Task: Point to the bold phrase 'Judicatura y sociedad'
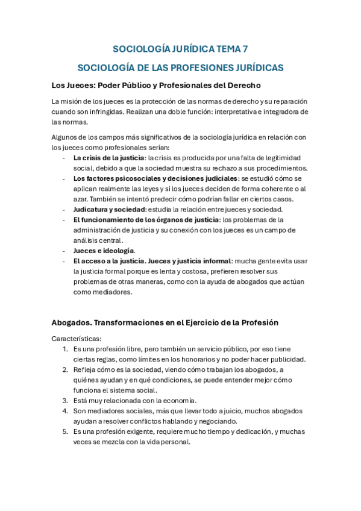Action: tap(106, 209)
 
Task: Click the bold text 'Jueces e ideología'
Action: tap(104, 251)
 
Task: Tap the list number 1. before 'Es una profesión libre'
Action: tap(65, 349)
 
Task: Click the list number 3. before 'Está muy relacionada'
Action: tap(65, 400)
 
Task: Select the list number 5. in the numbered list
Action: tap(65, 431)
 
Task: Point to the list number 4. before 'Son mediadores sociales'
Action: tap(65, 411)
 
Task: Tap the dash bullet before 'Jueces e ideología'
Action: tap(64, 251)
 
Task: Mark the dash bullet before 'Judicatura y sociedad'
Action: tap(64, 209)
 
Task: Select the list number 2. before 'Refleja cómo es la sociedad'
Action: tap(65, 369)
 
